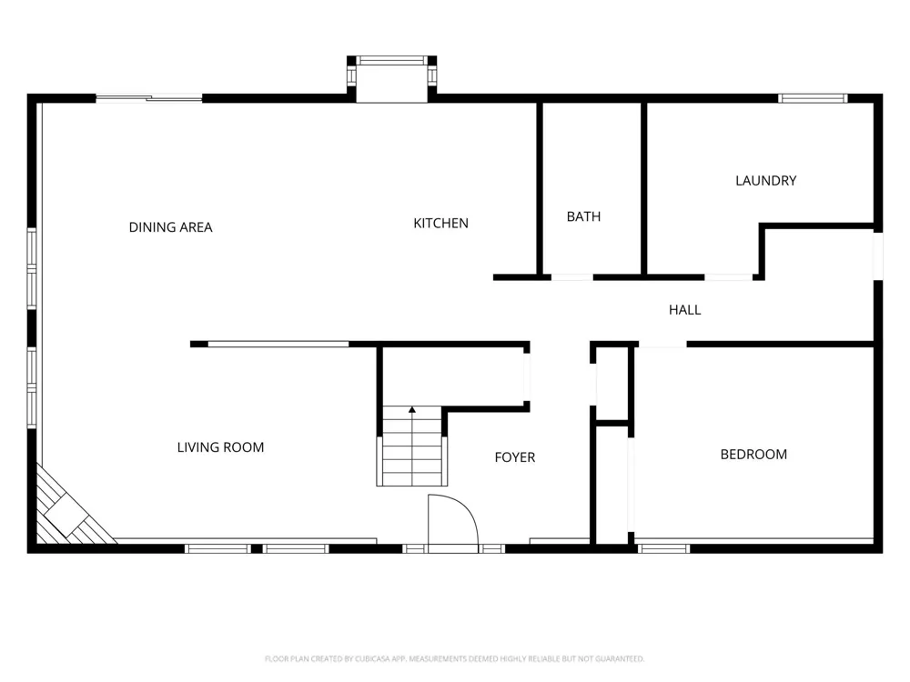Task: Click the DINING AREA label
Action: pyautogui.click(x=171, y=227)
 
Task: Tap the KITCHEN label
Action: pyautogui.click(x=440, y=224)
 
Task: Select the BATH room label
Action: pyautogui.click(x=583, y=217)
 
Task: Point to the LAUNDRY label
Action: pyautogui.click(x=765, y=181)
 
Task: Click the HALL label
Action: pyautogui.click(x=685, y=310)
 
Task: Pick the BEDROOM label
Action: pyautogui.click(x=753, y=455)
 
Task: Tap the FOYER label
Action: pyautogui.click(x=515, y=457)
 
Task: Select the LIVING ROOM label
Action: pyautogui.click(x=220, y=447)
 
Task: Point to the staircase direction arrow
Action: pyautogui.click(x=412, y=410)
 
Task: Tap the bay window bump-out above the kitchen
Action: pyautogui.click(x=391, y=79)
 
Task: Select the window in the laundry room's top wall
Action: pyautogui.click(x=813, y=98)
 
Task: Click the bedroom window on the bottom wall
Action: pyautogui.click(x=664, y=548)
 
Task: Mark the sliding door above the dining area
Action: pyautogui.click(x=149, y=98)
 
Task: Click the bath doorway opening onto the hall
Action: pyautogui.click(x=572, y=277)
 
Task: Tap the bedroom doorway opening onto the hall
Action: pyautogui.click(x=662, y=345)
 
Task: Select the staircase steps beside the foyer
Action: pyautogui.click(x=412, y=446)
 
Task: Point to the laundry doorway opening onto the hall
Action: pyautogui.click(x=728, y=277)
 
